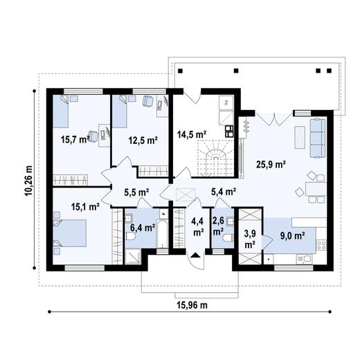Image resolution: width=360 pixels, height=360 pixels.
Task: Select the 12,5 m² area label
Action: (x=143, y=139)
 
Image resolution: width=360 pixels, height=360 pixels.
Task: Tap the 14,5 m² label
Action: (x=191, y=134)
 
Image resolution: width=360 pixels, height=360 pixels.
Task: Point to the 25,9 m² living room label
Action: (x=271, y=164)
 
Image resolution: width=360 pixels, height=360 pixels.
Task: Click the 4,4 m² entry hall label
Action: (x=197, y=227)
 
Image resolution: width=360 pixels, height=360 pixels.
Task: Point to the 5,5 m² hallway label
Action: (x=136, y=192)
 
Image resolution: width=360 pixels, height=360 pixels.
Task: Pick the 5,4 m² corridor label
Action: (x=224, y=192)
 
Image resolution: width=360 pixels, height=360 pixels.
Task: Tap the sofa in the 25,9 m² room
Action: (x=317, y=137)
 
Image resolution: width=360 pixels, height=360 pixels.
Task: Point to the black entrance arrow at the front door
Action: (x=197, y=254)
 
